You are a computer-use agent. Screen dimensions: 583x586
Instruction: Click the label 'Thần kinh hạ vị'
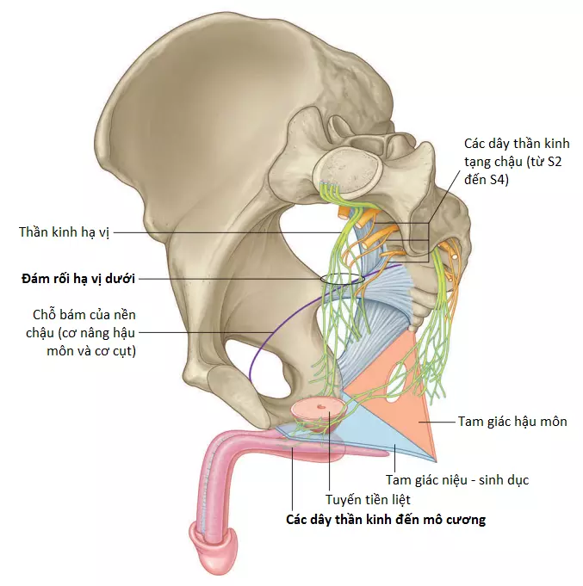[x=64, y=232]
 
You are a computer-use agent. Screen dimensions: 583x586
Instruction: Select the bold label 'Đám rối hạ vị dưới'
[x=78, y=279]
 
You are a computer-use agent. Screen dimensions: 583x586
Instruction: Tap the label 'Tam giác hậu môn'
[x=512, y=422]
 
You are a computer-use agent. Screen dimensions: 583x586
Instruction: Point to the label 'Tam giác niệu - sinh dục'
[x=457, y=480]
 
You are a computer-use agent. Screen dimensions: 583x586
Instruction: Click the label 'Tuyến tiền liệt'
[x=368, y=500]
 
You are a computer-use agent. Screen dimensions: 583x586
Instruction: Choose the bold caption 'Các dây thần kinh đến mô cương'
[x=386, y=520]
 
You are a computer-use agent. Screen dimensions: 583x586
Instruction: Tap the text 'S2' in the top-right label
[x=553, y=162]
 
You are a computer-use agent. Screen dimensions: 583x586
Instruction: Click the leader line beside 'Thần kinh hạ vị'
[x=228, y=232]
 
